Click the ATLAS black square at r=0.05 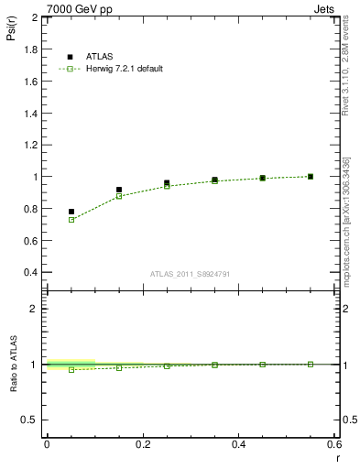coord(71,212)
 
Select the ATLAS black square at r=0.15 coord(119,190)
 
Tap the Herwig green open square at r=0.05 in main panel coord(71,220)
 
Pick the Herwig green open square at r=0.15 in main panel coord(119,196)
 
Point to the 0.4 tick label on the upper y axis coord(31,272)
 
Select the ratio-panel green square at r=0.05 coord(71,369)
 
